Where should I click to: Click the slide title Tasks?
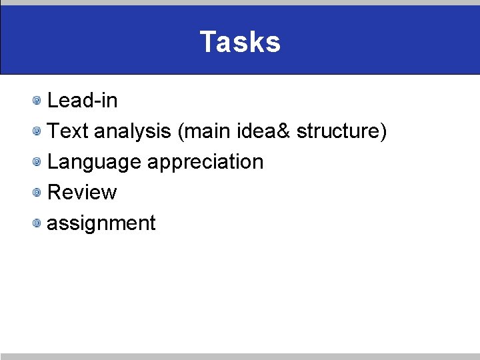pyautogui.click(x=240, y=42)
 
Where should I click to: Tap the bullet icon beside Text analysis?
pyautogui.click(x=38, y=131)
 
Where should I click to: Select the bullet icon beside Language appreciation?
pyautogui.click(x=38, y=162)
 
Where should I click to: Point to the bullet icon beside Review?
pyautogui.click(x=38, y=193)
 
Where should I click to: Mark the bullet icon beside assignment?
pyautogui.click(x=38, y=223)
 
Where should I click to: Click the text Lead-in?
pyautogui.click(x=83, y=101)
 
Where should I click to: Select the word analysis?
pyautogui.click(x=132, y=131)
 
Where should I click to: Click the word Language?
pyautogui.click(x=94, y=162)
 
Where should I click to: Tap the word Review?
pyautogui.click(x=83, y=193)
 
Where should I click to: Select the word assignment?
pyautogui.click(x=101, y=223)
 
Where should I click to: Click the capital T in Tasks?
pyautogui.click(x=207, y=42)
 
